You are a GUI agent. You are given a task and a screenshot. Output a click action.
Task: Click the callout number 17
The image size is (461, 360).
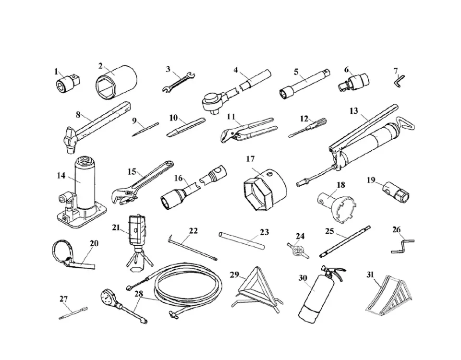250,159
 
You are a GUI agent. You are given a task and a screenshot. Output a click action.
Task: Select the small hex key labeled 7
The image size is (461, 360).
399,80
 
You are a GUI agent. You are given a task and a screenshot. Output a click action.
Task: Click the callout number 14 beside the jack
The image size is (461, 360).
61,175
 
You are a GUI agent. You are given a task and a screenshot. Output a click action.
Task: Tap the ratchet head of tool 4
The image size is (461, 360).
213,101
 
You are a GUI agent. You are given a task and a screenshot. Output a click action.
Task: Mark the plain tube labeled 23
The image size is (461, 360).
242,240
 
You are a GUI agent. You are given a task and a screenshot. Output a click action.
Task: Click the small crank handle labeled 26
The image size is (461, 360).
402,246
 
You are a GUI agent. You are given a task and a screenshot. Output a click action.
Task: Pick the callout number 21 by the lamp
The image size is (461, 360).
116,228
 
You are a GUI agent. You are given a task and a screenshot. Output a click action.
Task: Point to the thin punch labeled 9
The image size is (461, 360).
145,129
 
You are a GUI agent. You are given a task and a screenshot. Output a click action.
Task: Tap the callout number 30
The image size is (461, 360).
303,278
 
